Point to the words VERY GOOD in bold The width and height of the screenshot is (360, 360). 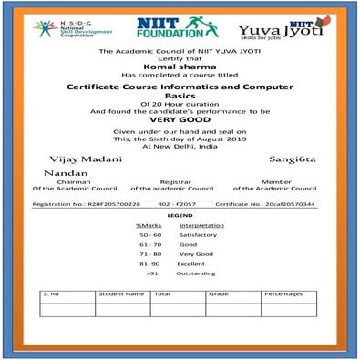[x=180, y=118]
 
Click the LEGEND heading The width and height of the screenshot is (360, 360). [x=179, y=215]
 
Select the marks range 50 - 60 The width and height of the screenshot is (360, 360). [x=149, y=234]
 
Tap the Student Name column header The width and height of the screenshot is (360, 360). [x=121, y=294]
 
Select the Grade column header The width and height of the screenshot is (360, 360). [x=218, y=294]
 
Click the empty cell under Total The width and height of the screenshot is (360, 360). [x=176, y=309]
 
